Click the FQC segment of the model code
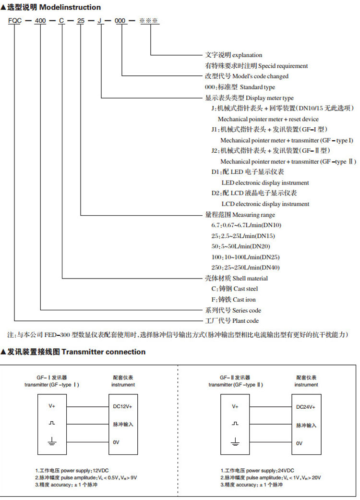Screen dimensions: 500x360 14,21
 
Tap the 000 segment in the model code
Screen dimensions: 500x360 123,21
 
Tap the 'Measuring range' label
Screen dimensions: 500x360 254,215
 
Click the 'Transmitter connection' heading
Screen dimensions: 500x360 103,352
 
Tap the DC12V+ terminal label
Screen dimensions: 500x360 123,407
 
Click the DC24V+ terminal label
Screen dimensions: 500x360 306,407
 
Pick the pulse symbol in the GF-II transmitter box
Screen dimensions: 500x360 235,424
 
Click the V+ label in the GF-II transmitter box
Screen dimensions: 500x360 235,406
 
